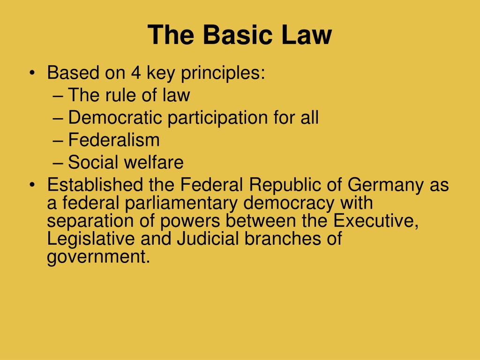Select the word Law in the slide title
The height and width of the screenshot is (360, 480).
coord(307,36)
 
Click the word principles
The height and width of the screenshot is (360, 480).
coord(226,74)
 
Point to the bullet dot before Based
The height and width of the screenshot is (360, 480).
coord(32,74)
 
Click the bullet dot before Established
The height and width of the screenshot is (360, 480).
coord(32,185)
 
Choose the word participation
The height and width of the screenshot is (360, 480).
coord(218,118)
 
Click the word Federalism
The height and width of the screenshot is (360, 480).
coord(114,140)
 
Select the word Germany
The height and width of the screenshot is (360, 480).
coord(386,186)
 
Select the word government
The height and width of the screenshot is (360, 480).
coord(98,257)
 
